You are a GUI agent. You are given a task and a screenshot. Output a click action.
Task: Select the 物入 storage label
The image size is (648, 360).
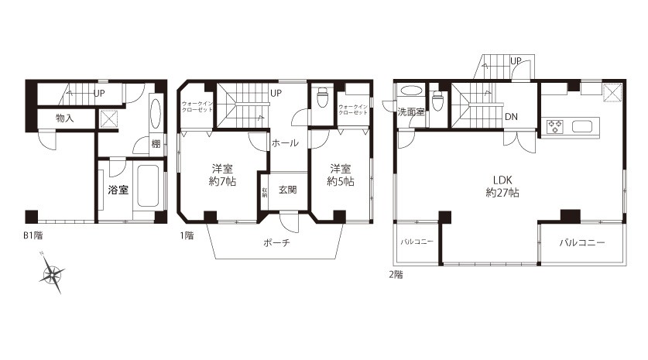[65, 118]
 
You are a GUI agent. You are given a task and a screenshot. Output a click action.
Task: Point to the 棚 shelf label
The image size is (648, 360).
[156, 143]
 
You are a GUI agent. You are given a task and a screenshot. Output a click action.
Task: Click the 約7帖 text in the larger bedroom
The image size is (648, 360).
[223, 181]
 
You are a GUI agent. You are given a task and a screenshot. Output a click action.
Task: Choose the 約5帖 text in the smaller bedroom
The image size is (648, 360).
[341, 181]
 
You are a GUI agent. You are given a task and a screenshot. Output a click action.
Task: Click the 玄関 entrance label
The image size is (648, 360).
[287, 190]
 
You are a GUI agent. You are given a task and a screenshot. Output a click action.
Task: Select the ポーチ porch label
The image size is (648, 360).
[276, 242]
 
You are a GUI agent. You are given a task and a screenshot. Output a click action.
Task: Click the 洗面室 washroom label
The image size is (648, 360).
[410, 113]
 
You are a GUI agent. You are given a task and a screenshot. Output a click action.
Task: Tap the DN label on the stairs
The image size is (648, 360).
[512, 117]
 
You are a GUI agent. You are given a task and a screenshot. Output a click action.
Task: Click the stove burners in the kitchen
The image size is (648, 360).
[555, 126]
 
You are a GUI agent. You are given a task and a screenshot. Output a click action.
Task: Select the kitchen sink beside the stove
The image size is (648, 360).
[583, 126]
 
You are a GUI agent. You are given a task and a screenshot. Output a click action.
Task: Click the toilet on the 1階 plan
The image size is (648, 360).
[324, 99]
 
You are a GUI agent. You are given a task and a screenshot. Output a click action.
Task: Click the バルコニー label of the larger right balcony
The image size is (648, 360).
[581, 242]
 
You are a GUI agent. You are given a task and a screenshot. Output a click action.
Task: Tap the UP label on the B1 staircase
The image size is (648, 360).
[99, 93]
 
